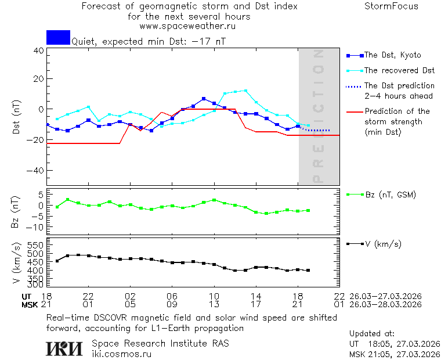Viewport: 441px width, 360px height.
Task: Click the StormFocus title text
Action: point(391,6)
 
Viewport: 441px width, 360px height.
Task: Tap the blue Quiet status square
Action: point(58,37)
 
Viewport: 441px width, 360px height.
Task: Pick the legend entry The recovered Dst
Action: point(399,70)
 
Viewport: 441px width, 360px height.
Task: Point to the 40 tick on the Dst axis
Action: point(38,51)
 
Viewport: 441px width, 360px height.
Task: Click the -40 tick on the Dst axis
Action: point(36,171)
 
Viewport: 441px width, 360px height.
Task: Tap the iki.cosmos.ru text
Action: point(122,354)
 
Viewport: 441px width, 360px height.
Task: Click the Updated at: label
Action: point(372,333)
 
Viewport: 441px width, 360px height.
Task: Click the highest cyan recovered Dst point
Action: point(245,91)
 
